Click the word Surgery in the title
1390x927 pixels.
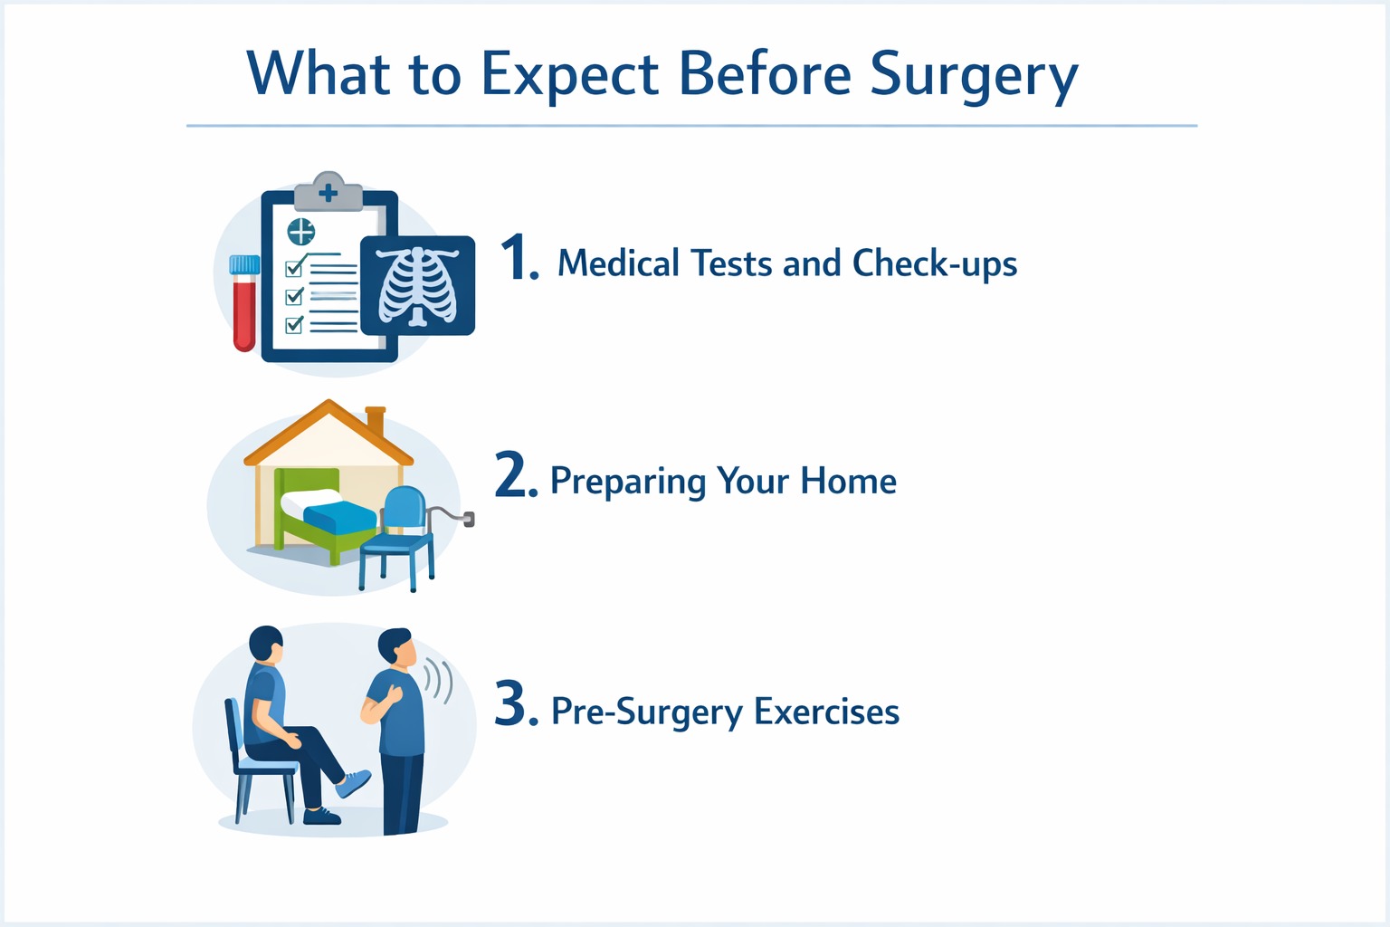point(974,76)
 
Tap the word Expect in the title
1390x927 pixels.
point(569,76)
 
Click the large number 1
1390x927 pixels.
point(519,257)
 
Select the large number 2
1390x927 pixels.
point(516,475)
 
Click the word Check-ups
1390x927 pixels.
point(935,263)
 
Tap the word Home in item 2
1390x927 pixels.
point(848,481)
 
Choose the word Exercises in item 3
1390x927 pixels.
point(826,712)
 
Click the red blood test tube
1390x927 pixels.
point(244,303)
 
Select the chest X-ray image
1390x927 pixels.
point(417,285)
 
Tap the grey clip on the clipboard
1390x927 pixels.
point(328,192)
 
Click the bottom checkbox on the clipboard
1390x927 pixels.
point(294,324)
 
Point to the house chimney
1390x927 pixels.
point(376,422)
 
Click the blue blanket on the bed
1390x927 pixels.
point(340,518)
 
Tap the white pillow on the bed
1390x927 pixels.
point(310,500)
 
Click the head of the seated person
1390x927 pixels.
point(266,644)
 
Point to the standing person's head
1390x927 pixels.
point(396,648)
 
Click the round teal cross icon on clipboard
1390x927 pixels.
point(301,232)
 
